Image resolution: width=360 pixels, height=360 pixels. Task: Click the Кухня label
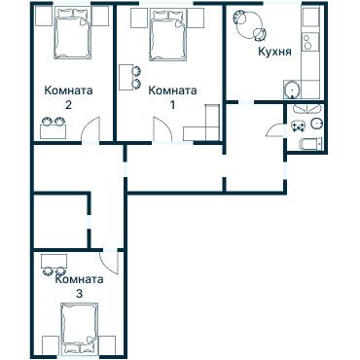(274, 52)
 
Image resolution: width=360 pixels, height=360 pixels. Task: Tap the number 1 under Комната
(172, 105)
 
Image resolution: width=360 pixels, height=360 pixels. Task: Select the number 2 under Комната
(68, 105)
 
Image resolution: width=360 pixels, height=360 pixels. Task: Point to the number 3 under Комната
(79, 294)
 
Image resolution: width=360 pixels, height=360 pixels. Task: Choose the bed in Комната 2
(72, 33)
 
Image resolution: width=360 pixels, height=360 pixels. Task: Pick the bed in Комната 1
(168, 35)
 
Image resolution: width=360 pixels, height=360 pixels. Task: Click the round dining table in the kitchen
(249, 24)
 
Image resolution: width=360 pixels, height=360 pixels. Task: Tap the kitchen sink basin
(293, 90)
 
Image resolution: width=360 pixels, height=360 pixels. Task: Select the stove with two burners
(307, 42)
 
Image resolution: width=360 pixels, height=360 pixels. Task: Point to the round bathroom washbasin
(316, 124)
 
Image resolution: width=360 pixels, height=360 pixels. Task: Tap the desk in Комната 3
(54, 261)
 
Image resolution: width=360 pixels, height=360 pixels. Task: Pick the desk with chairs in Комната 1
(126, 78)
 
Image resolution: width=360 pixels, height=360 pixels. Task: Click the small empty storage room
(61, 222)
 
